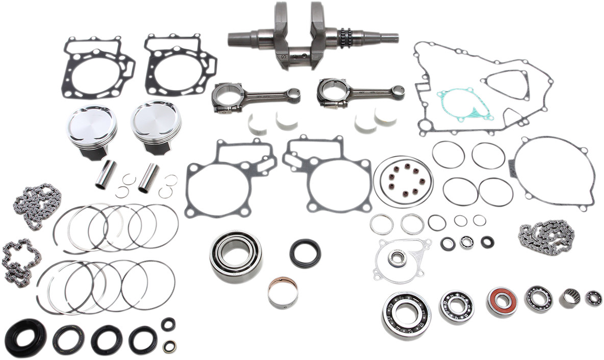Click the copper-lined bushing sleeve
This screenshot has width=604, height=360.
click(283, 293)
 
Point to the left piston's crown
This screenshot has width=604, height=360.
click(92, 124)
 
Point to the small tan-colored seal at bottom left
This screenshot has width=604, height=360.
click(168, 347)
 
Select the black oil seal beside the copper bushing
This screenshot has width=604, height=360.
click(305, 253)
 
